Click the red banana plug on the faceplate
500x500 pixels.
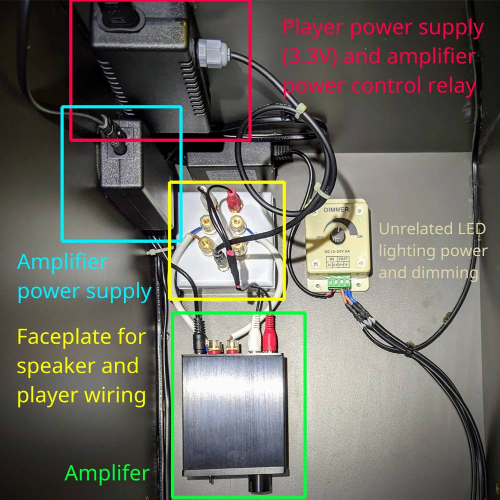(x=232, y=200)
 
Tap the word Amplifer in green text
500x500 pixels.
(x=107, y=473)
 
